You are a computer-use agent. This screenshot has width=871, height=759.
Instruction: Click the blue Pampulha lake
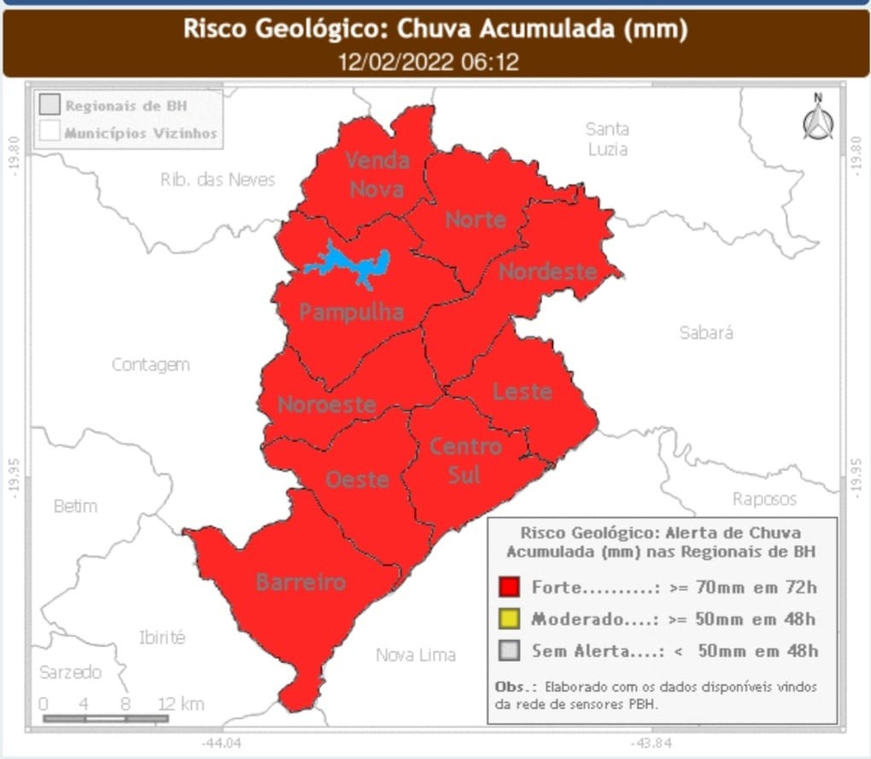point(350,265)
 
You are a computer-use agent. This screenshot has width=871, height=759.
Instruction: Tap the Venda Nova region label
point(377,174)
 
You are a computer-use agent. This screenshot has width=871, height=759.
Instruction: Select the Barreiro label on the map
point(301,582)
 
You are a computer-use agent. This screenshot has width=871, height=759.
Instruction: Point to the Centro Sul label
point(465,459)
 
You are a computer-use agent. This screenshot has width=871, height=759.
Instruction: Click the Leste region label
point(522,391)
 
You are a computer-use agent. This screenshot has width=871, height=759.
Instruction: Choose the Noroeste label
point(326,404)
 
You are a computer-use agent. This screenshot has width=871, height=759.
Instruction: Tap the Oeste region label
point(357,479)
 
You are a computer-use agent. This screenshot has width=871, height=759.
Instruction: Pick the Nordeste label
point(547,271)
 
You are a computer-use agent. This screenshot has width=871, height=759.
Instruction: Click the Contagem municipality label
point(150,365)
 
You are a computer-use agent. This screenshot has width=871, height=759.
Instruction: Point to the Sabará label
point(706,332)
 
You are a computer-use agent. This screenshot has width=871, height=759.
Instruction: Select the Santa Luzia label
point(607,139)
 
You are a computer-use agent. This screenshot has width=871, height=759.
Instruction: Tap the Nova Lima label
point(416,655)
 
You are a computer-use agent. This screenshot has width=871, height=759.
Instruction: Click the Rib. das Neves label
point(218,179)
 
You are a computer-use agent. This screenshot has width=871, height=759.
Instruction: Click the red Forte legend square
point(510,587)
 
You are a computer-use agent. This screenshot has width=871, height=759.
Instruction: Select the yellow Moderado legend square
point(510,619)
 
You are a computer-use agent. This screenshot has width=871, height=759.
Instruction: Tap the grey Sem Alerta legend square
point(510,651)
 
